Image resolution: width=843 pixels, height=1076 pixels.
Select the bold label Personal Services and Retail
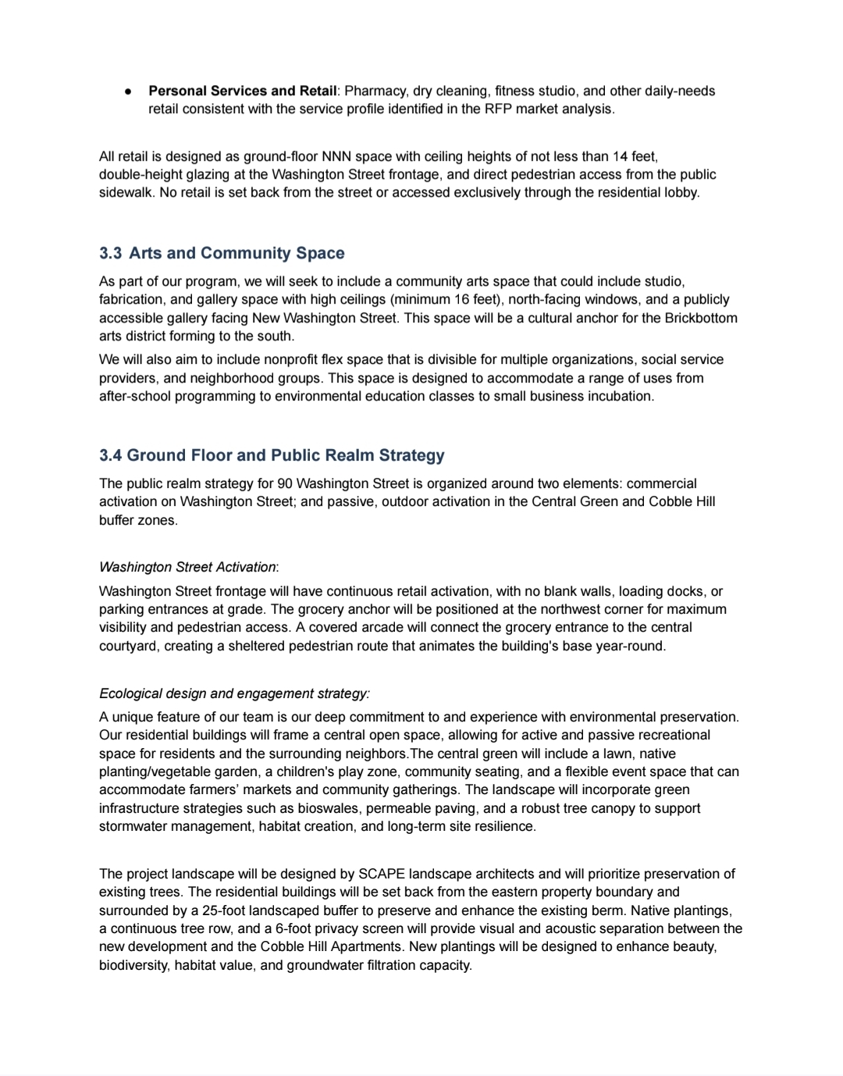point(243,91)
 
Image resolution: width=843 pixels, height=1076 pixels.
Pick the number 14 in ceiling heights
point(621,156)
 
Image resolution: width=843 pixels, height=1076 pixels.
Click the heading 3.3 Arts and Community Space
point(222,253)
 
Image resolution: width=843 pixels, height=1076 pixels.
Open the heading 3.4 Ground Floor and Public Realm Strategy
point(272,455)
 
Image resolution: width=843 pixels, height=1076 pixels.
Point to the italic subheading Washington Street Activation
point(187,567)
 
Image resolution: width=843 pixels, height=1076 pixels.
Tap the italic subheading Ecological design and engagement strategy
point(234,694)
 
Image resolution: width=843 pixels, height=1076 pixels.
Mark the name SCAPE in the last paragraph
point(382,875)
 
